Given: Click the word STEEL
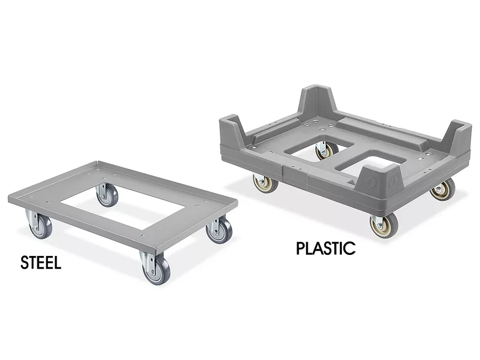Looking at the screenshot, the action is coord(41,262).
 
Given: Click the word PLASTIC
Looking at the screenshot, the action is coord(326,248).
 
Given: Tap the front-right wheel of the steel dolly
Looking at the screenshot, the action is coord(156,270).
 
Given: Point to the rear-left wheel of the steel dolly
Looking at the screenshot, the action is coord(107,196).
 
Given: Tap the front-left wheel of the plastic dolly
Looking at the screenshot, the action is coord(266,183).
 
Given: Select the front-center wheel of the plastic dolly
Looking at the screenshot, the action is coord(384,225).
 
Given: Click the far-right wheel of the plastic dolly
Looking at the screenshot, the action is coord(443,190).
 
